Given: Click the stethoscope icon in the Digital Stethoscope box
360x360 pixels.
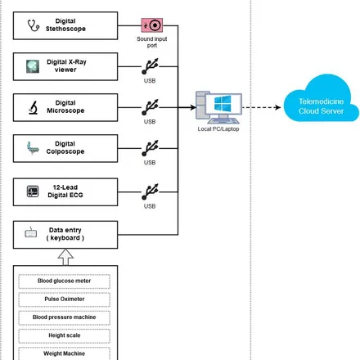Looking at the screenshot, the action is (34, 25).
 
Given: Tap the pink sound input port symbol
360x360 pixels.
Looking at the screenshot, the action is (152, 25).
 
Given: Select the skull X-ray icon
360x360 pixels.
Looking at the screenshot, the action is (33, 66).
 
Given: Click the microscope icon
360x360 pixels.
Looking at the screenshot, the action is (34, 107).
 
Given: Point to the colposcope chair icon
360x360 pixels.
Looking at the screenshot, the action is (33, 148).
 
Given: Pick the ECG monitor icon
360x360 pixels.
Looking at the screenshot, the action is (33, 191).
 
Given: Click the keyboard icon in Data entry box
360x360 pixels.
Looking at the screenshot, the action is (31, 232).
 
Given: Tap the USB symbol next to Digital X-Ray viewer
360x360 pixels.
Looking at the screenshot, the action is (150, 66).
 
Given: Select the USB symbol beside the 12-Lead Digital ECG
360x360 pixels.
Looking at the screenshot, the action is (150, 191).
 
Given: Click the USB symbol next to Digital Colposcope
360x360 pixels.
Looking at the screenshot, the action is (150, 148).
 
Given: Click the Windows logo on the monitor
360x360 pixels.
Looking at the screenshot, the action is (223, 103).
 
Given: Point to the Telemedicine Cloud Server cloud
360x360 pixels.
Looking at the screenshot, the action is (321, 100).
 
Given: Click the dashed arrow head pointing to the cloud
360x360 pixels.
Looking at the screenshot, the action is (278, 107).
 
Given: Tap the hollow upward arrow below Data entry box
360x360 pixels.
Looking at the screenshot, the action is (65, 257).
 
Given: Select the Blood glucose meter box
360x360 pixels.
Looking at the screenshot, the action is (65, 281).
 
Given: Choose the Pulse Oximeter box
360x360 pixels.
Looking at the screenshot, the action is (65, 299).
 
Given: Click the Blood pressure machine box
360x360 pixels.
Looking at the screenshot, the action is (65, 317).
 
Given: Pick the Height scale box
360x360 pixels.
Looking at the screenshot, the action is (65, 335).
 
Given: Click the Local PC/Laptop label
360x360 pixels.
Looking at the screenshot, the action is (218, 129).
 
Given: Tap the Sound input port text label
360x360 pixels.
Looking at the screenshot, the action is (152, 42).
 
